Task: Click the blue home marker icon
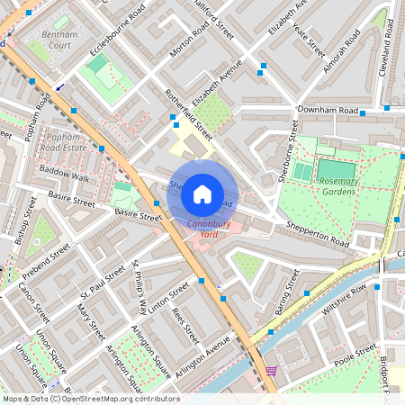pyautogui.click(x=202, y=194)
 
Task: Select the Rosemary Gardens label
pyautogui.click(x=339, y=185)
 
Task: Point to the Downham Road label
pyautogui.click(x=328, y=111)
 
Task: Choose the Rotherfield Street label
pyautogui.click(x=188, y=114)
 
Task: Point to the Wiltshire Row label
pyautogui.click(x=346, y=298)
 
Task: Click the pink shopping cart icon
pyautogui.click(x=271, y=371)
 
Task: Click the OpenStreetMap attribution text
pyautogui.click(x=91, y=398)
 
